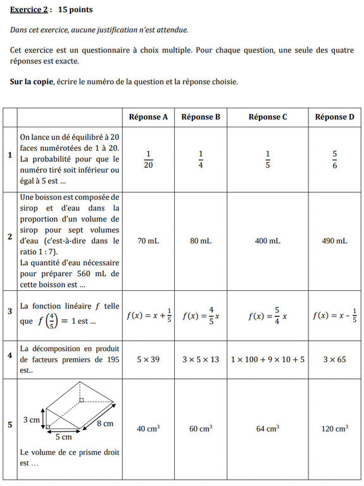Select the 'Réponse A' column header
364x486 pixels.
[x=148, y=117]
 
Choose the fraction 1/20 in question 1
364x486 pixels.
[x=148, y=160]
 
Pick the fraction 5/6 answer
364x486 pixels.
[x=334, y=160]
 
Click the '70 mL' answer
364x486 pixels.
[x=148, y=241]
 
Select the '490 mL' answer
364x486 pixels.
[x=334, y=241]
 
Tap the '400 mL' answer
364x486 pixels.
[x=267, y=241]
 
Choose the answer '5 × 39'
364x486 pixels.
[x=148, y=359]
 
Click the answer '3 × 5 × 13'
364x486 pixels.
[x=200, y=359]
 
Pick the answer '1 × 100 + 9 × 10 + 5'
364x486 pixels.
[x=267, y=359]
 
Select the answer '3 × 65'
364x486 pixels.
[x=334, y=359]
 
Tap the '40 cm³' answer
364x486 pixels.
[x=148, y=429]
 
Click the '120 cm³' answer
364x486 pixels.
[x=334, y=429]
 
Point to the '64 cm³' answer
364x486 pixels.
[x=267, y=429]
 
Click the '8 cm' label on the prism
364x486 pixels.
[x=104, y=423]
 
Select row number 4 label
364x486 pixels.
[x=9, y=355]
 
